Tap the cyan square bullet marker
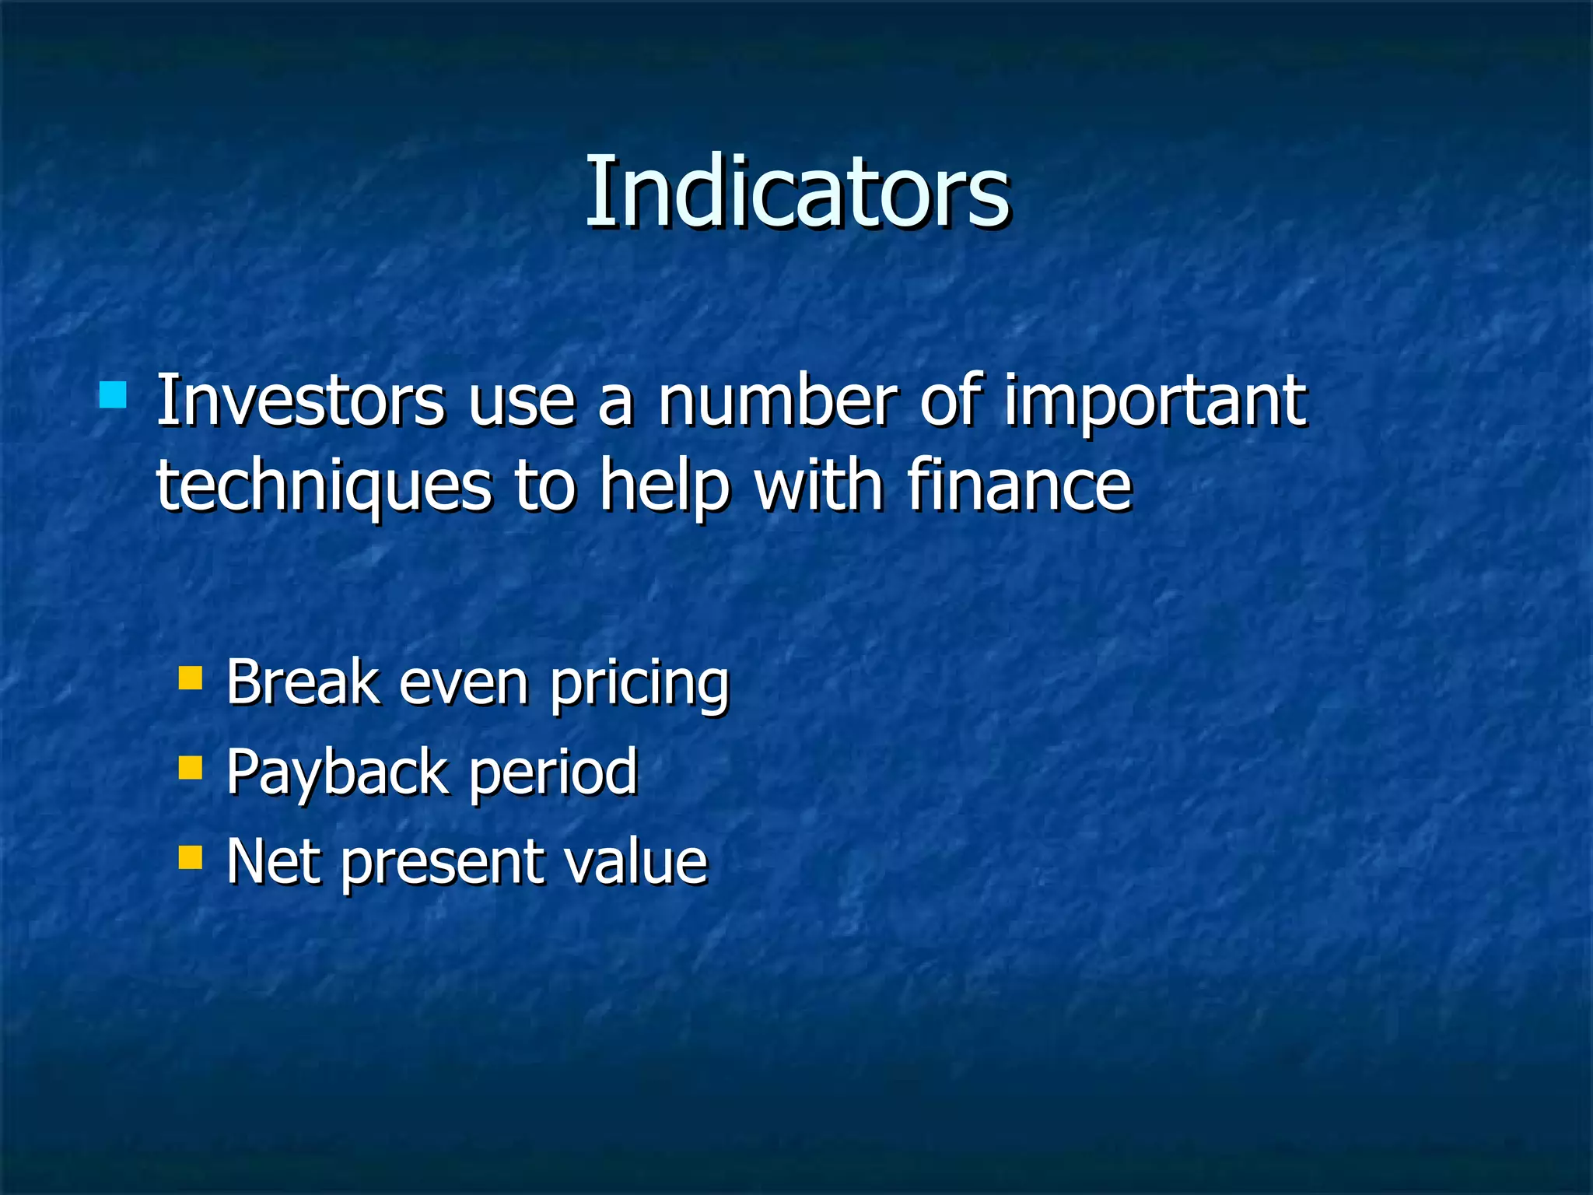(113, 395)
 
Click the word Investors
(300, 400)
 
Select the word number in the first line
(777, 400)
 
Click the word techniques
(324, 486)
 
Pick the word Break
(302, 682)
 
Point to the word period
(553, 773)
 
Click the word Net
(273, 861)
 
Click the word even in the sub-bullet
(464, 683)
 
